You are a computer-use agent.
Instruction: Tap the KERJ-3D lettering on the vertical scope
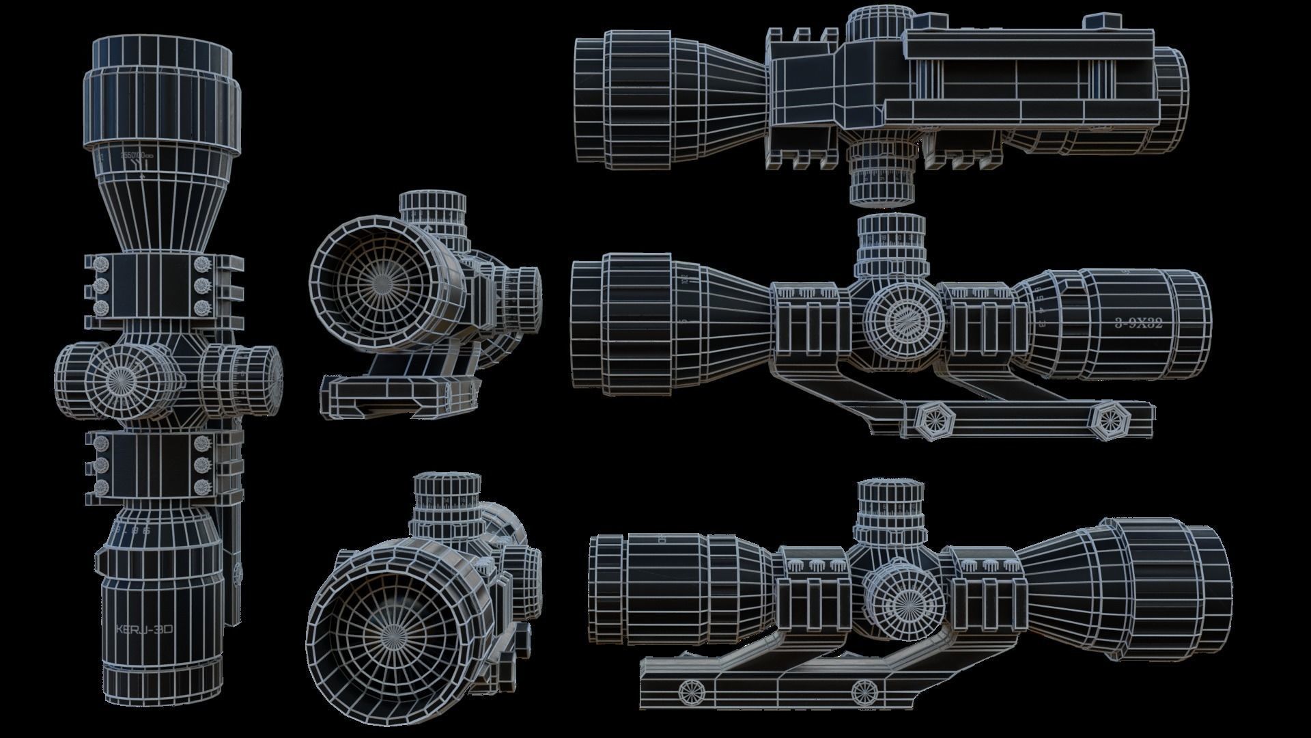[x=143, y=629]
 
